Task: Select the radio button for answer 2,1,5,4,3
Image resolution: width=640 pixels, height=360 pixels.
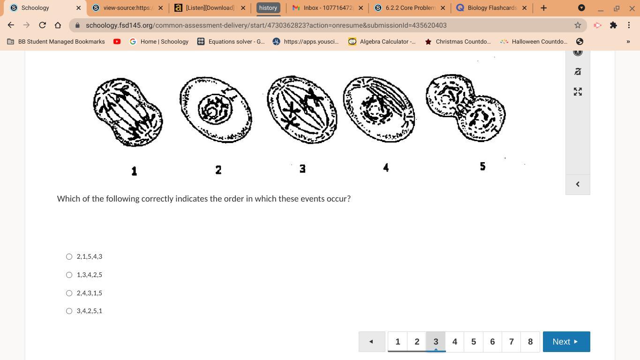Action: [69, 256]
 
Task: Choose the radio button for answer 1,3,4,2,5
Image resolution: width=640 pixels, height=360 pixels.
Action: [69, 275]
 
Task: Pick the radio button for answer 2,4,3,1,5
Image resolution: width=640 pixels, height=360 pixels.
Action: [69, 293]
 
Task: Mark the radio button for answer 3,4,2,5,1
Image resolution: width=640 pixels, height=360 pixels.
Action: [69, 311]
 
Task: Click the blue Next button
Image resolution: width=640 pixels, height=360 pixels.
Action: [566, 342]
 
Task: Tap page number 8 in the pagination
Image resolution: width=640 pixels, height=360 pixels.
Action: [530, 342]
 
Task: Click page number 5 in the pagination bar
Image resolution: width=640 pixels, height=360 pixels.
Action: [474, 342]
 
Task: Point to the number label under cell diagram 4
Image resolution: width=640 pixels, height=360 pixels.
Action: [386, 168]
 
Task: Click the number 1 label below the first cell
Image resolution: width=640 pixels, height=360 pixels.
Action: [134, 171]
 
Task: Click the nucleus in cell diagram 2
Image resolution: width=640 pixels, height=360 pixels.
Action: [215, 109]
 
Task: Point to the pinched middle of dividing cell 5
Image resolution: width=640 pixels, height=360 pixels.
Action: [466, 106]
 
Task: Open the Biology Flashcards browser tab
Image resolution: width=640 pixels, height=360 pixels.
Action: [492, 7]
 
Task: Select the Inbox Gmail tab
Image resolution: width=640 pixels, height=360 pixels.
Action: [328, 7]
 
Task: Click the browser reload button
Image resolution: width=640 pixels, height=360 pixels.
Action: [42, 25]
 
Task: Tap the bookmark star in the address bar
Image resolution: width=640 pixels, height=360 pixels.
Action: [578, 25]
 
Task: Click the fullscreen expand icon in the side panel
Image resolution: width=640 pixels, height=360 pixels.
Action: [578, 92]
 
